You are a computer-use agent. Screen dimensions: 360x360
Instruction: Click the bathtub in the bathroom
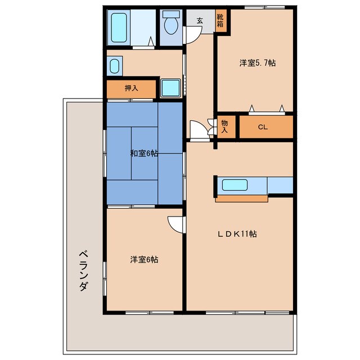coord(119,27)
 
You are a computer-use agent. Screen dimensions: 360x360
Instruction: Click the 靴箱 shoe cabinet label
coord(220,21)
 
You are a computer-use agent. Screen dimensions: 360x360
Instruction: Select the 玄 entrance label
coord(200,21)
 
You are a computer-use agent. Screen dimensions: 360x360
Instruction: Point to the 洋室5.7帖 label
coord(258,63)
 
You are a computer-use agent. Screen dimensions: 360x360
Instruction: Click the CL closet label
coord(263,127)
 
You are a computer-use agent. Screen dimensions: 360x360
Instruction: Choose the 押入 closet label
coord(132,88)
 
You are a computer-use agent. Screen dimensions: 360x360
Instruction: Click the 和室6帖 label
coord(143,153)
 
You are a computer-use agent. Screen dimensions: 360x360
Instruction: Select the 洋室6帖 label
coord(144,259)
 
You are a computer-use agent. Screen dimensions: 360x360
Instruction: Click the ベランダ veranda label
coord(82,271)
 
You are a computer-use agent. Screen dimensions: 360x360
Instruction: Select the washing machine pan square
coord(169,87)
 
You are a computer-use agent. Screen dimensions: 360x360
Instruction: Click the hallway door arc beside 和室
coord(199,130)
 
